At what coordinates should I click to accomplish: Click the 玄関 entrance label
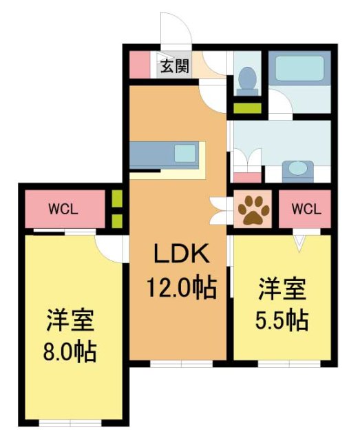175,67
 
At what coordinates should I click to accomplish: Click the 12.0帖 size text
180,286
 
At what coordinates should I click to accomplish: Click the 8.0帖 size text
72,352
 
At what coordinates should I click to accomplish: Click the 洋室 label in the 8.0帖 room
71,322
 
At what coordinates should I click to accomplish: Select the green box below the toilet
246,108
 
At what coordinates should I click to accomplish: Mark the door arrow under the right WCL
299,241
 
